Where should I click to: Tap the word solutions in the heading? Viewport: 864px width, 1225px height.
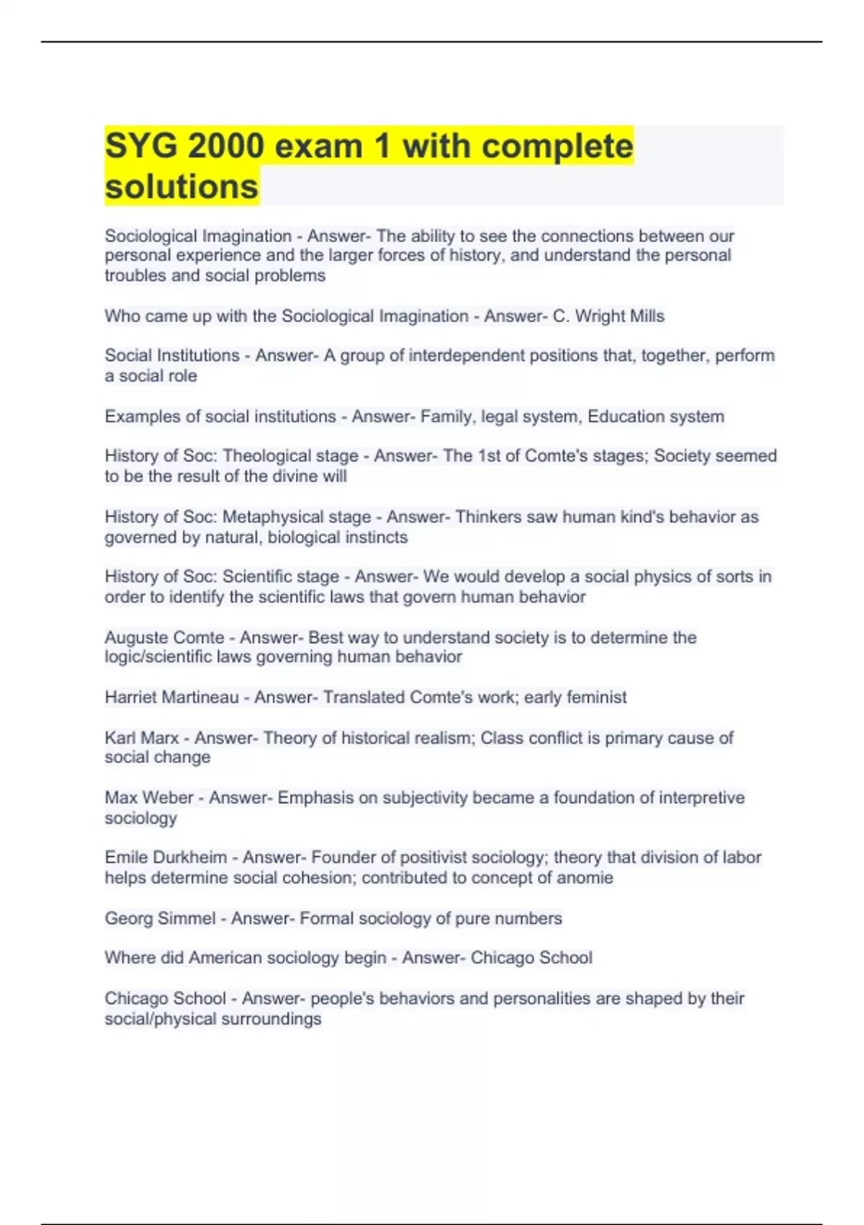coord(181,187)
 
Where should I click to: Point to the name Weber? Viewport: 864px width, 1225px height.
coord(171,798)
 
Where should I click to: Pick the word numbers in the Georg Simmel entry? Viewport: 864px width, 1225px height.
coord(534,919)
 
